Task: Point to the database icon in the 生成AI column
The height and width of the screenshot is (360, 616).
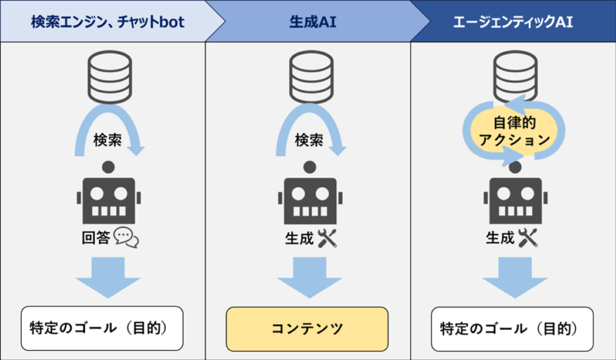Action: click(308, 77)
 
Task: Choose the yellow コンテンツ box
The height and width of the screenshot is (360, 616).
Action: click(307, 329)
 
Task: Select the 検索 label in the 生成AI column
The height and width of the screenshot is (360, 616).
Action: click(309, 140)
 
